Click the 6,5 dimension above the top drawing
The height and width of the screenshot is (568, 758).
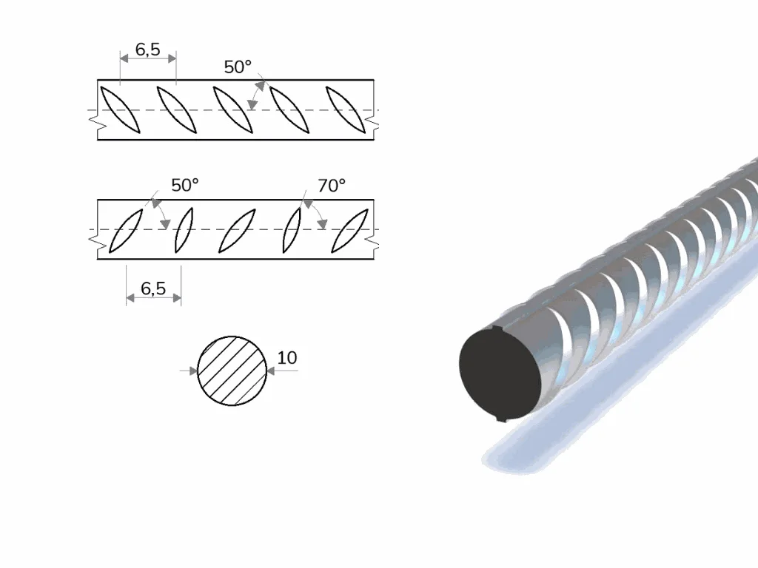[148, 50]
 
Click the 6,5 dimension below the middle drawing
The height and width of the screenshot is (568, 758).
[153, 288]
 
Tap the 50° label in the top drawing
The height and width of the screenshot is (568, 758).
[238, 67]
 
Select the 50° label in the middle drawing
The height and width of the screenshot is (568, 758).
[185, 185]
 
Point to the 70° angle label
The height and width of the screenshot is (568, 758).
[332, 186]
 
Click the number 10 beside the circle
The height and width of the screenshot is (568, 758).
[287, 358]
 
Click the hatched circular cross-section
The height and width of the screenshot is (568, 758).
[232, 371]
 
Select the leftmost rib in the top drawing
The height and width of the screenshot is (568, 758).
[120, 109]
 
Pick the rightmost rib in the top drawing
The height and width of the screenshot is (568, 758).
[346, 109]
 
